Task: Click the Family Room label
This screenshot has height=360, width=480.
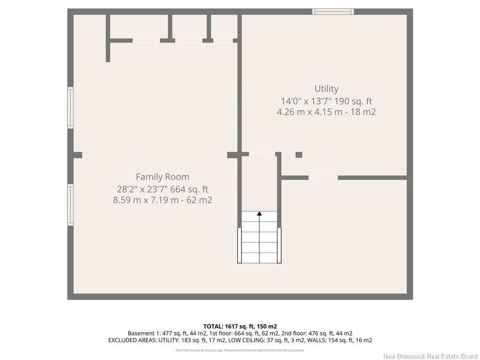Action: coord(162,177)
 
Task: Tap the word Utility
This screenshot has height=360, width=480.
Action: coord(326,89)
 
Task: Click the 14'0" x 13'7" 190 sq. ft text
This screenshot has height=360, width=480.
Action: coord(326,101)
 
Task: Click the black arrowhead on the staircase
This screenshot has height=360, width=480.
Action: coord(259,214)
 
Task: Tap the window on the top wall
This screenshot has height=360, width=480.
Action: coord(333,12)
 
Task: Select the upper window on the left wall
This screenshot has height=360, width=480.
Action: coord(70,108)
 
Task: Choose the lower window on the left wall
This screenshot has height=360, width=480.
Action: coord(70,204)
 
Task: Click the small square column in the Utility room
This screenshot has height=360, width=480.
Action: coord(299,155)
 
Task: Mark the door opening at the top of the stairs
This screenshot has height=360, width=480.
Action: coord(262,154)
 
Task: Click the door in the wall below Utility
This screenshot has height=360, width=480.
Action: coord(323,178)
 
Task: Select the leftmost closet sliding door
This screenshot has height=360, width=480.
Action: coord(146,41)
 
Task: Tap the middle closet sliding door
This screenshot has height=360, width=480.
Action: coord(188,41)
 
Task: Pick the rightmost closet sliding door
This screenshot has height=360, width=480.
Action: coord(223,41)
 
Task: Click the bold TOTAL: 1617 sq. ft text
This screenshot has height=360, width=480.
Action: coord(240,326)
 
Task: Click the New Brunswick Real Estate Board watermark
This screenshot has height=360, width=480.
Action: coord(430,356)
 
